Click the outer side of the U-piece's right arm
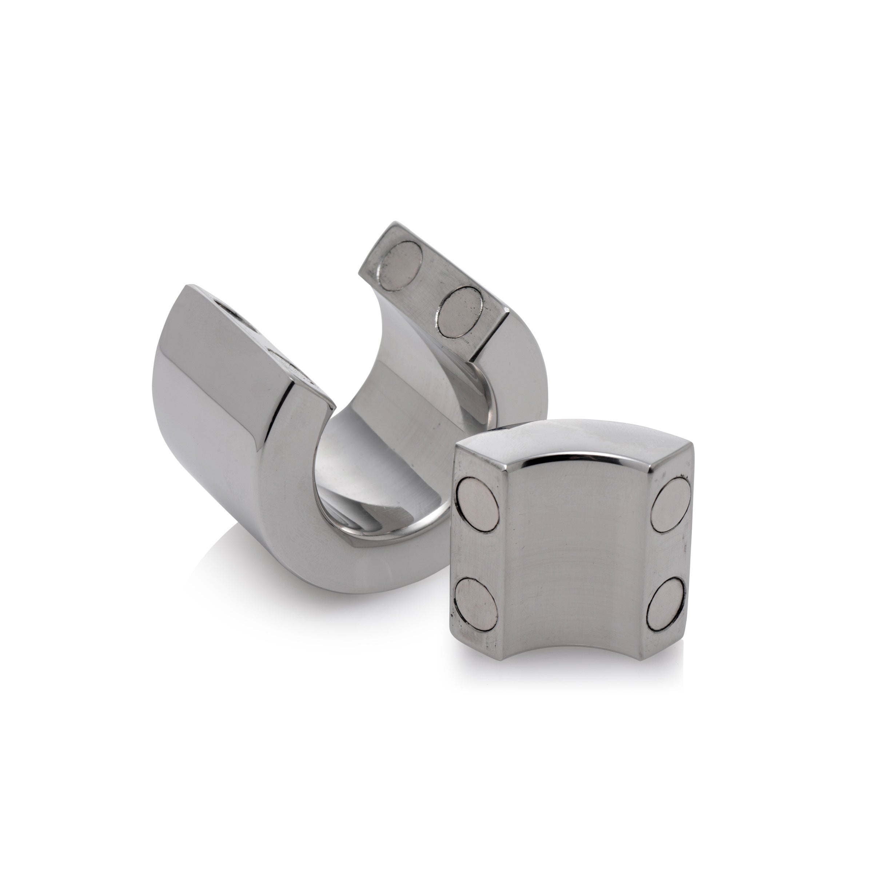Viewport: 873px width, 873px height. point(520,384)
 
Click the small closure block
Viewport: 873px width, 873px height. point(574,542)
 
